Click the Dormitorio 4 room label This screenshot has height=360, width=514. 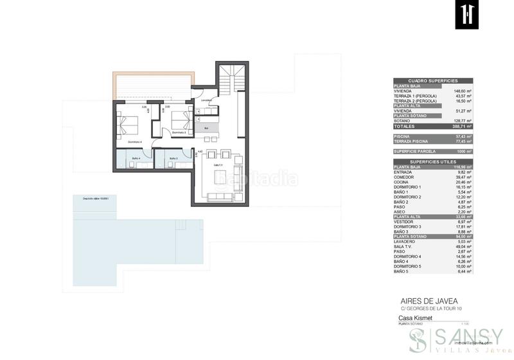point(134,141)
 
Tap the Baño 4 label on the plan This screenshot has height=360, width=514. point(136,157)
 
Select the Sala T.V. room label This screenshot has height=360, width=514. point(219,165)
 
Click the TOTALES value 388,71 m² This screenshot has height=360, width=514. point(462,127)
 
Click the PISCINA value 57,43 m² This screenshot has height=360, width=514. point(463,136)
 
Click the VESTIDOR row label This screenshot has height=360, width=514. point(404,221)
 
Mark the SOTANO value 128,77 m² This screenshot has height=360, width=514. point(462,120)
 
